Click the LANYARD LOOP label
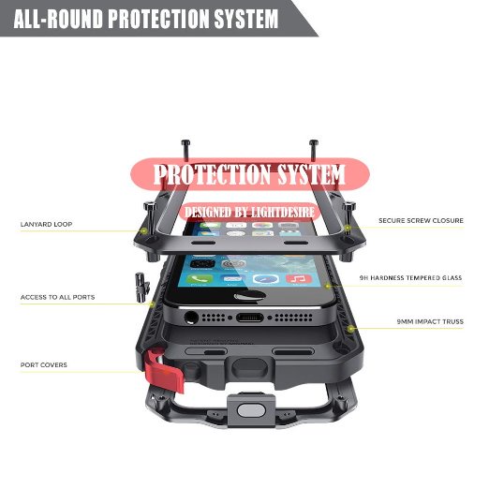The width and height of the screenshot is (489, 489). click(x=46, y=224)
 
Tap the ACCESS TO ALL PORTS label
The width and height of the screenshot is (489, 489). click(x=57, y=297)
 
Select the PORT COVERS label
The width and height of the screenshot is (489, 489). click(x=44, y=364)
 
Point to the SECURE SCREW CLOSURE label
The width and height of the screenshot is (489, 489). click(x=421, y=220)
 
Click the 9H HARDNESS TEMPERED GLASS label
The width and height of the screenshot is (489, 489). click(x=410, y=277)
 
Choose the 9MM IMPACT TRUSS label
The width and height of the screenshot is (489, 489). click(x=430, y=321)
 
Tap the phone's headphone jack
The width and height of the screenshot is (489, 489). click(x=191, y=318)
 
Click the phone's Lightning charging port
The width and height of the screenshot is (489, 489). click(x=249, y=318)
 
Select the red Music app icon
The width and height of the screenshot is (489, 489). click(x=299, y=278)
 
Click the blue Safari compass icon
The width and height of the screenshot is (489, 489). click(x=265, y=278)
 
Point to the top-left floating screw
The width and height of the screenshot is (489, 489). click(x=185, y=150)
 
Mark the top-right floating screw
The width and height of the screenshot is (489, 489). click(x=314, y=150)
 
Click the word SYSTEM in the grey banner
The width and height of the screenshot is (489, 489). click(x=246, y=19)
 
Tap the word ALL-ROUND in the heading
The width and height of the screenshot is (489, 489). click(x=58, y=19)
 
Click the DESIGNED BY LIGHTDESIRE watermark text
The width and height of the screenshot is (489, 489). click(x=249, y=213)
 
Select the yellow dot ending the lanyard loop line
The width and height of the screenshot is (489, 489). click(x=144, y=231)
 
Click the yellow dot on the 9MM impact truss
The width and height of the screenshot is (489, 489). click(x=351, y=329)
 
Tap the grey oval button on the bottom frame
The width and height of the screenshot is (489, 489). click(x=251, y=410)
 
